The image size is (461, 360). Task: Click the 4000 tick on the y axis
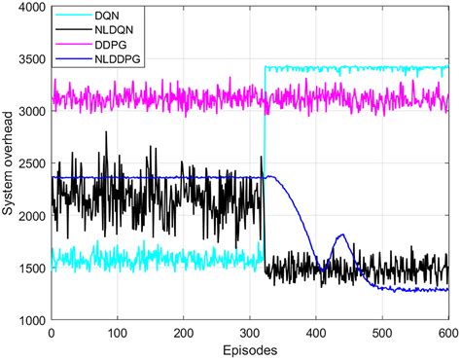pos(29,8)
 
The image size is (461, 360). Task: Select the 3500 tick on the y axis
pos(29,60)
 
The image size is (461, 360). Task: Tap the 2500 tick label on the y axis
pos(29,164)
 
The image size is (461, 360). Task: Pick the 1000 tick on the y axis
pos(29,320)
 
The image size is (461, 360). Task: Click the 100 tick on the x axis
pos(118,332)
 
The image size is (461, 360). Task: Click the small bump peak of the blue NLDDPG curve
pos(341,234)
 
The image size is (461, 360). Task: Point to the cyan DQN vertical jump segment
pos(265,165)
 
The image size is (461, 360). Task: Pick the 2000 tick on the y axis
pos(29,216)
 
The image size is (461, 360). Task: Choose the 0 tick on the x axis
pos(52,332)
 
